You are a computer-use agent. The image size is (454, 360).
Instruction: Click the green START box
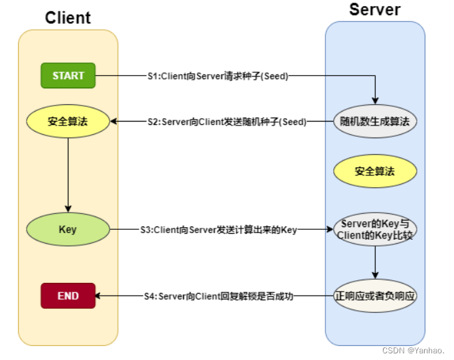(x=68, y=76)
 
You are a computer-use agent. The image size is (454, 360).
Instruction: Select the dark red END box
(x=68, y=296)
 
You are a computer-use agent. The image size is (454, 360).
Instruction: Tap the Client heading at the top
(x=68, y=18)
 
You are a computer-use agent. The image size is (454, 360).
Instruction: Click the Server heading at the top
(x=374, y=9)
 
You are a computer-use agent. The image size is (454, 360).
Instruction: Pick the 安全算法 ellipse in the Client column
(x=68, y=122)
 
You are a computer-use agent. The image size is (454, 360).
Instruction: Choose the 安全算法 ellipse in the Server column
(x=374, y=171)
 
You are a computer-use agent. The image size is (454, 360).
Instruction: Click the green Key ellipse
(x=68, y=230)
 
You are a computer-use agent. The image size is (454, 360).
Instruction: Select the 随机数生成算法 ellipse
(x=374, y=122)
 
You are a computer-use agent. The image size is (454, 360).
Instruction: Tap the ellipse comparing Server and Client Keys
(x=374, y=230)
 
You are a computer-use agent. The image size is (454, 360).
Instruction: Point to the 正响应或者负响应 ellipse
(x=374, y=296)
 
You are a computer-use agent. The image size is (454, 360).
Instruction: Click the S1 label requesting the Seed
(x=218, y=76)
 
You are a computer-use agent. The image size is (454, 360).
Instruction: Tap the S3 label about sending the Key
(x=218, y=230)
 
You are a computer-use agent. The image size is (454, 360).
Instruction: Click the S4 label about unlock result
(x=218, y=296)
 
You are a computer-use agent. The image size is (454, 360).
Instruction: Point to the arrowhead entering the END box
(x=100, y=296)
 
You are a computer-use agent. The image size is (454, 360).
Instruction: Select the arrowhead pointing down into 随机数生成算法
(x=375, y=101)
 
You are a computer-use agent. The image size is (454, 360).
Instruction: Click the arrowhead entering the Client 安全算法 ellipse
(x=113, y=122)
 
